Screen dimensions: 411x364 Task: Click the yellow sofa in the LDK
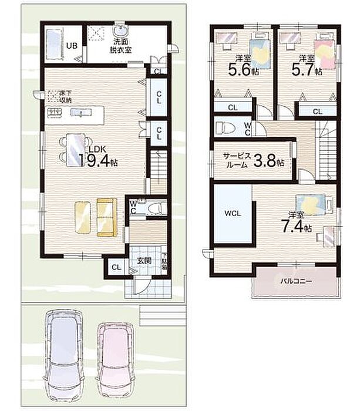click(x=107, y=218)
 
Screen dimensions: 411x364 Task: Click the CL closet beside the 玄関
click(x=116, y=267)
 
